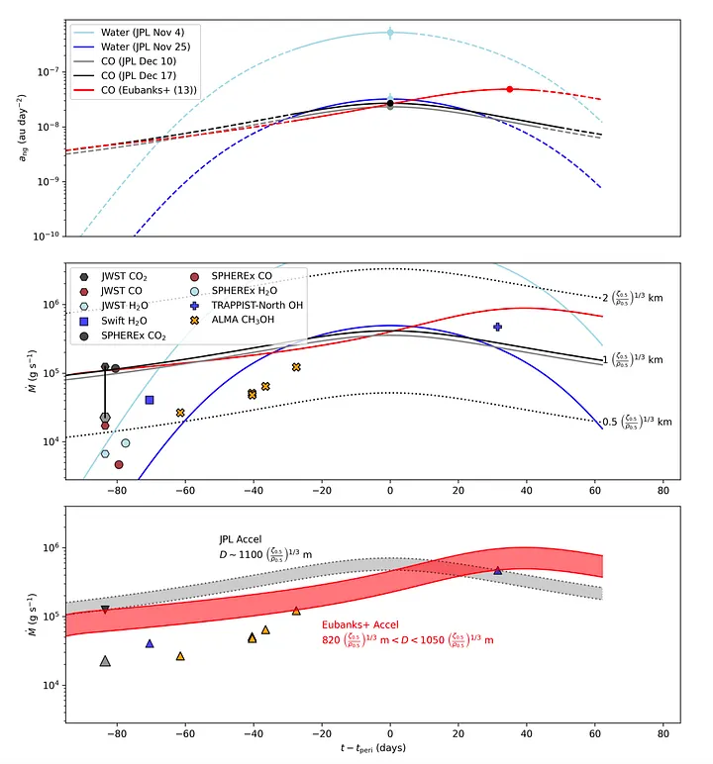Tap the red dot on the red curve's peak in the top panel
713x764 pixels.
510,89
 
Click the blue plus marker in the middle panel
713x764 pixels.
498,327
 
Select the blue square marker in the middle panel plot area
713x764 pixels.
150,400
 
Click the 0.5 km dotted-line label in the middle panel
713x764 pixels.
638,422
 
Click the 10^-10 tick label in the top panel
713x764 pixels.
43,236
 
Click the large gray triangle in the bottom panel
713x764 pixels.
105,661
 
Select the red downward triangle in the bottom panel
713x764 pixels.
105,610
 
